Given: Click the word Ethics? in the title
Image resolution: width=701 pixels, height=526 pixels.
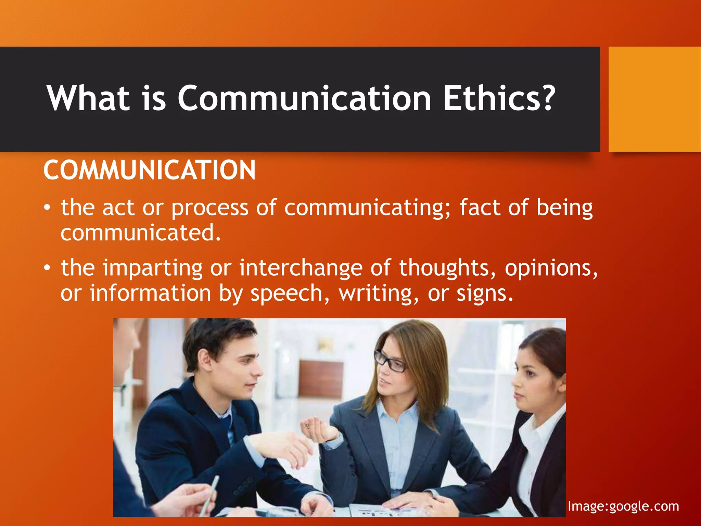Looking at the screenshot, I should [498, 99].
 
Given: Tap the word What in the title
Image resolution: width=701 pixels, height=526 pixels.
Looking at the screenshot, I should [88, 99].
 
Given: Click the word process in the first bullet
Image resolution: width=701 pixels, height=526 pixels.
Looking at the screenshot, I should [210, 209].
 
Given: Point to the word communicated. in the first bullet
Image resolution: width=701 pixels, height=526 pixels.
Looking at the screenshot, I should [141, 233].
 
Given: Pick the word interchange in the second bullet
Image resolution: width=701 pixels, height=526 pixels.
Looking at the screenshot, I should [301, 268].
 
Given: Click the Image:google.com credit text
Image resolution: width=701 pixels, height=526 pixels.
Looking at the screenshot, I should [623, 506].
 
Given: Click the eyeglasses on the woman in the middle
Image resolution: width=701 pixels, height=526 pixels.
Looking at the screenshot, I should [390, 361].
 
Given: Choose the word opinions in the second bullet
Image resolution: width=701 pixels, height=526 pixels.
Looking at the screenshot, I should [551, 268].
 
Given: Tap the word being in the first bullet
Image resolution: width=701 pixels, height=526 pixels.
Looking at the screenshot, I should [564, 208].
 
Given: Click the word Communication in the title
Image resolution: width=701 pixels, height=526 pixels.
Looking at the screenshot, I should [304, 99].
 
